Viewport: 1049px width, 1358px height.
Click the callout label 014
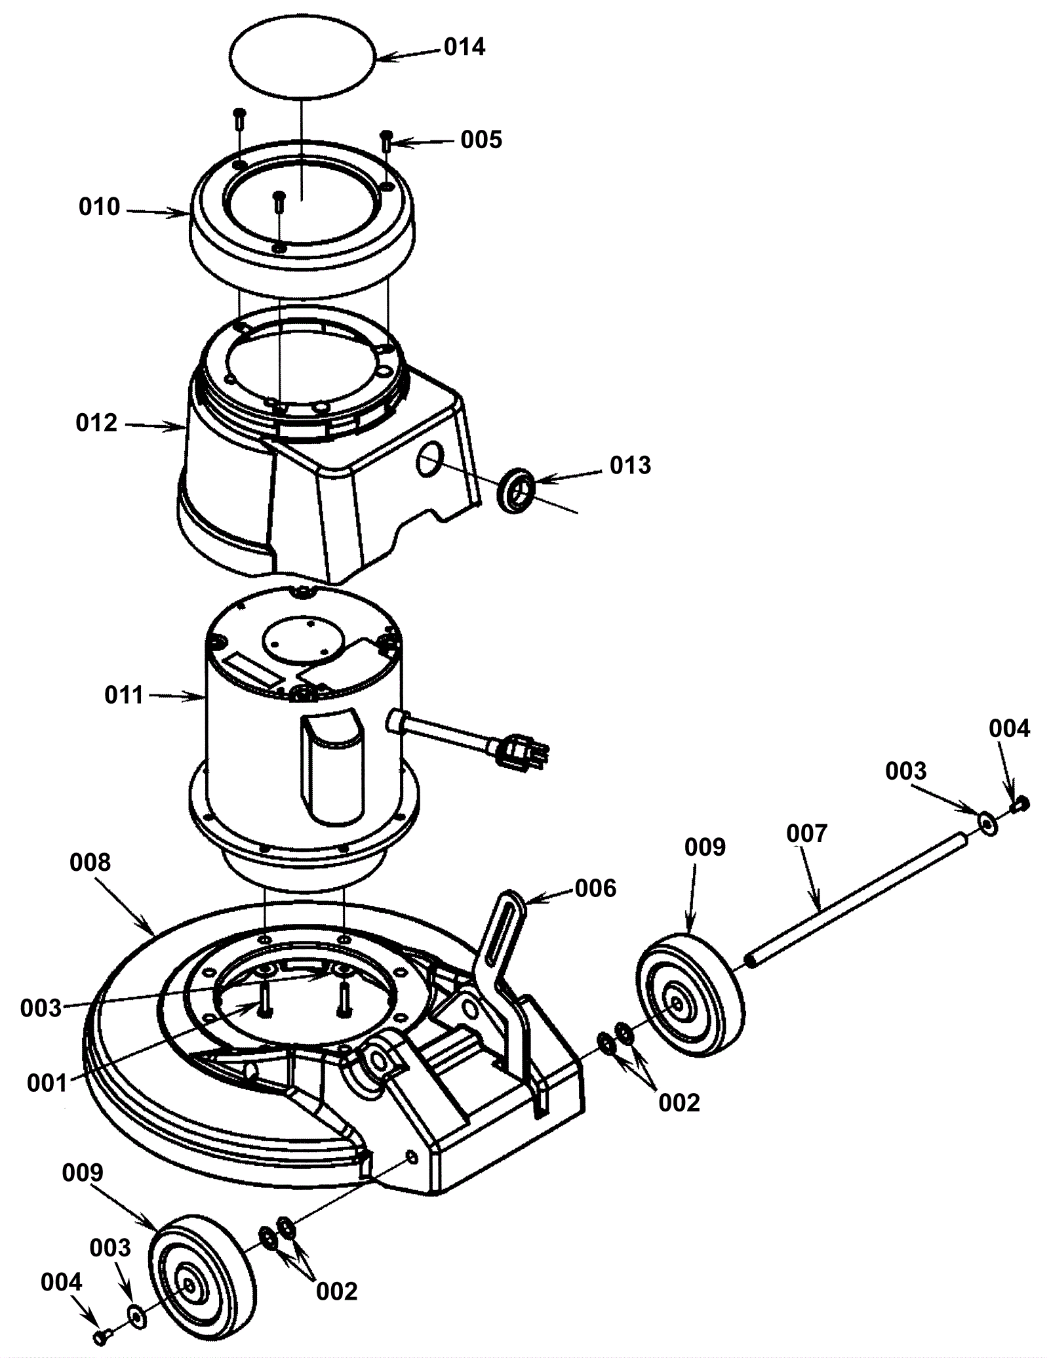(464, 48)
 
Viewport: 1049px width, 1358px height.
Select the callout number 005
(481, 140)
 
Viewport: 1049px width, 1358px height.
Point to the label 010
(100, 207)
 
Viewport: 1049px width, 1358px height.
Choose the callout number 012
(96, 424)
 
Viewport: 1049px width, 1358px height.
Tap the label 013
(630, 466)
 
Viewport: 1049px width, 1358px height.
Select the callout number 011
(124, 696)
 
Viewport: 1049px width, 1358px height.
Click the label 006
(595, 889)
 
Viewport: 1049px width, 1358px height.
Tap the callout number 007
(807, 834)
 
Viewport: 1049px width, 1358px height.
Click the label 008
(90, 863)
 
